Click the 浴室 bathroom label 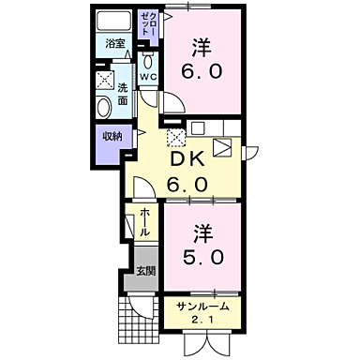[x=114, y=44]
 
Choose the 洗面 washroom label [x=122, y=94]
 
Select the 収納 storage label [x=112, y=137]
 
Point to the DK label [x=187, y=161]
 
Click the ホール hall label [x=145, y=222]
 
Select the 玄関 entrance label [x=146, y=271]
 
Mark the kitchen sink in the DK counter [x=224, y=147]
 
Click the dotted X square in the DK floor [x=174, y=138]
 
